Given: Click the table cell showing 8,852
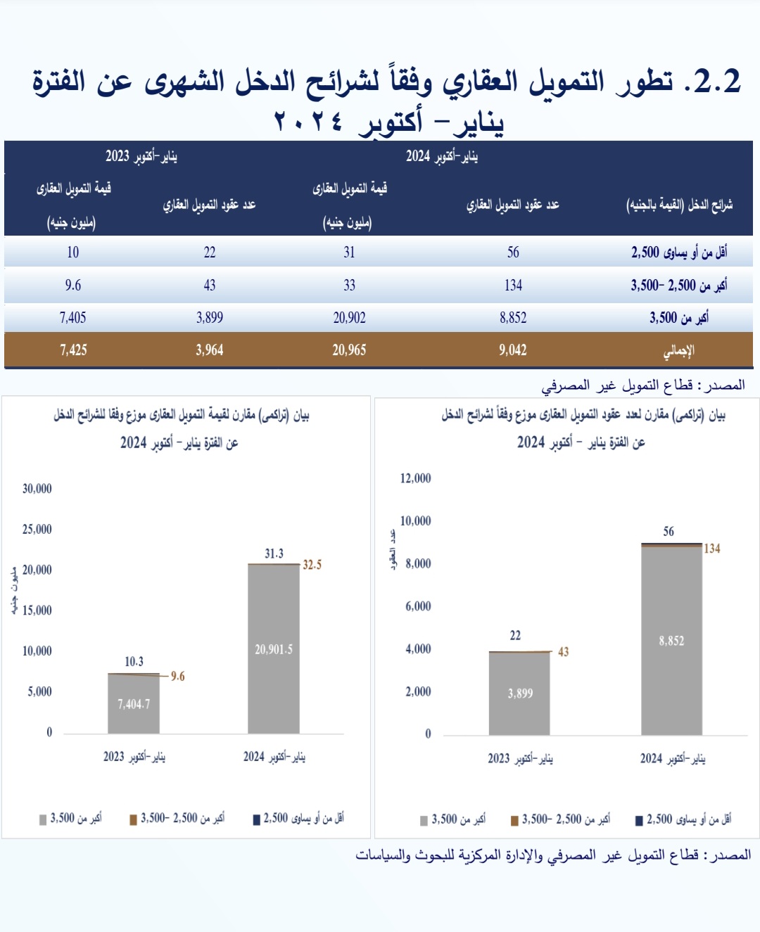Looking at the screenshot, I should coord(513,318).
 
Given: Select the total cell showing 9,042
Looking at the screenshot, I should coord(513,350).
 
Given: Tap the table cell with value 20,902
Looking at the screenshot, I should coord(349,318).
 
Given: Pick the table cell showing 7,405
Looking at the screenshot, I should coord(73,318).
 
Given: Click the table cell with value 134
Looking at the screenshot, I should coord(513,286).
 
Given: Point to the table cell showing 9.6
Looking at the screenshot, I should coord(73,286).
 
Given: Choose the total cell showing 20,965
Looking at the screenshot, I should coord(349,350).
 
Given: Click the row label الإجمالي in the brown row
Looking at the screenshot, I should coord(679,350).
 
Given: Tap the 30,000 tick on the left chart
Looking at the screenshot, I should coord(37,489).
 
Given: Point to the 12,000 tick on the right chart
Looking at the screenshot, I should coord(415,478).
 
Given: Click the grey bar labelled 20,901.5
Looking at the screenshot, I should coord(274,649).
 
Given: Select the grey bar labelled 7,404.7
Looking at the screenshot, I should coord(134,703).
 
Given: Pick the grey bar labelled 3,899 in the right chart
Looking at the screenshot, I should coord(520,694).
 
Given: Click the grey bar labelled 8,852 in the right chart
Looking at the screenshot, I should coord(671,641).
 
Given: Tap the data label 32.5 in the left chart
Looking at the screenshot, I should coord(312,565).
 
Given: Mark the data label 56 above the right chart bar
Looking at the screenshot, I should coord(669,532).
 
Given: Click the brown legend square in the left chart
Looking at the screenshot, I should coord(133,819).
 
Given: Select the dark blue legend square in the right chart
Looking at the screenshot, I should coord(639,820).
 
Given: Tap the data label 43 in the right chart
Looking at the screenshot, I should coord(563,652).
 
